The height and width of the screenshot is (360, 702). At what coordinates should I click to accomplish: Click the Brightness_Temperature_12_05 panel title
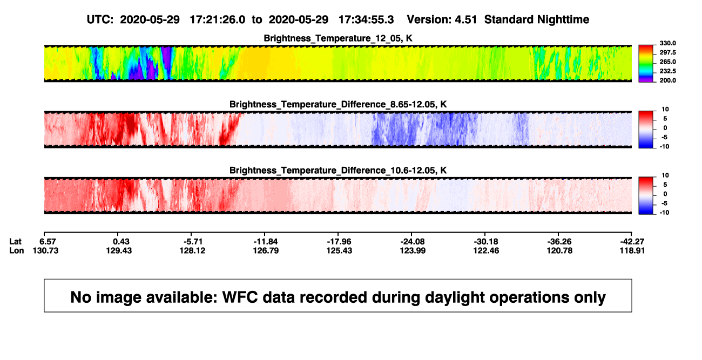(x=338, y=38)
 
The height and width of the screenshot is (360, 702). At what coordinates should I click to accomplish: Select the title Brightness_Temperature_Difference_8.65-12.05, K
(x=338, y=104)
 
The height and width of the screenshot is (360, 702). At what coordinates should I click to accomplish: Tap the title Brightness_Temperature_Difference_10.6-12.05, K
(x=338, y=171)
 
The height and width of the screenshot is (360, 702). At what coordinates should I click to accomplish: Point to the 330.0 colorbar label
(x=667, y=43)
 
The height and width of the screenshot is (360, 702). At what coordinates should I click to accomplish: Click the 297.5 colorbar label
(x=667, y=52)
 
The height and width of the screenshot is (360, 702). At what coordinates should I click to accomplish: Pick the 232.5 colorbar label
(x=667, y=71)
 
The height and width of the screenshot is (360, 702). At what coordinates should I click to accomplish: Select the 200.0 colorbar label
(x=667, y=80)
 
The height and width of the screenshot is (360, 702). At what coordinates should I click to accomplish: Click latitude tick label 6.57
(x=48, y=242)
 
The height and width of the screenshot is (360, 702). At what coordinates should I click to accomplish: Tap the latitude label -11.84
(x=266, y=242)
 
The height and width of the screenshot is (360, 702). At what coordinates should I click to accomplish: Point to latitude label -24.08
(x=413, y=242)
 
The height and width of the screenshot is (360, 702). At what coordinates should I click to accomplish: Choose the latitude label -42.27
(x=632, y=242)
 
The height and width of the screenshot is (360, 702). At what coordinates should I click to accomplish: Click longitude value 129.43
(x=119, y=250)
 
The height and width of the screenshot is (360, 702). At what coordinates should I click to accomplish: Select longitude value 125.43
(x=339, y=250)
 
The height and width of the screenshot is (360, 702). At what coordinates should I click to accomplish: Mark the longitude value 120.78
(x=559, y=250)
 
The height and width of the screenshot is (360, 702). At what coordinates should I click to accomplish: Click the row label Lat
(x=15, y=242)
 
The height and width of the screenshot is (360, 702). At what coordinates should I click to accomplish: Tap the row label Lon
(x=17, y=250)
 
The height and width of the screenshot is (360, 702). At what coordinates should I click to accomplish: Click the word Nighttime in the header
(x=563, y=20)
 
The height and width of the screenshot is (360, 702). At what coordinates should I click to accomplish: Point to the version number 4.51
(x=466, y=20)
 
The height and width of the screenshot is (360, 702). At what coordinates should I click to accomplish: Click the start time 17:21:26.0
(x=218, y=20)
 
